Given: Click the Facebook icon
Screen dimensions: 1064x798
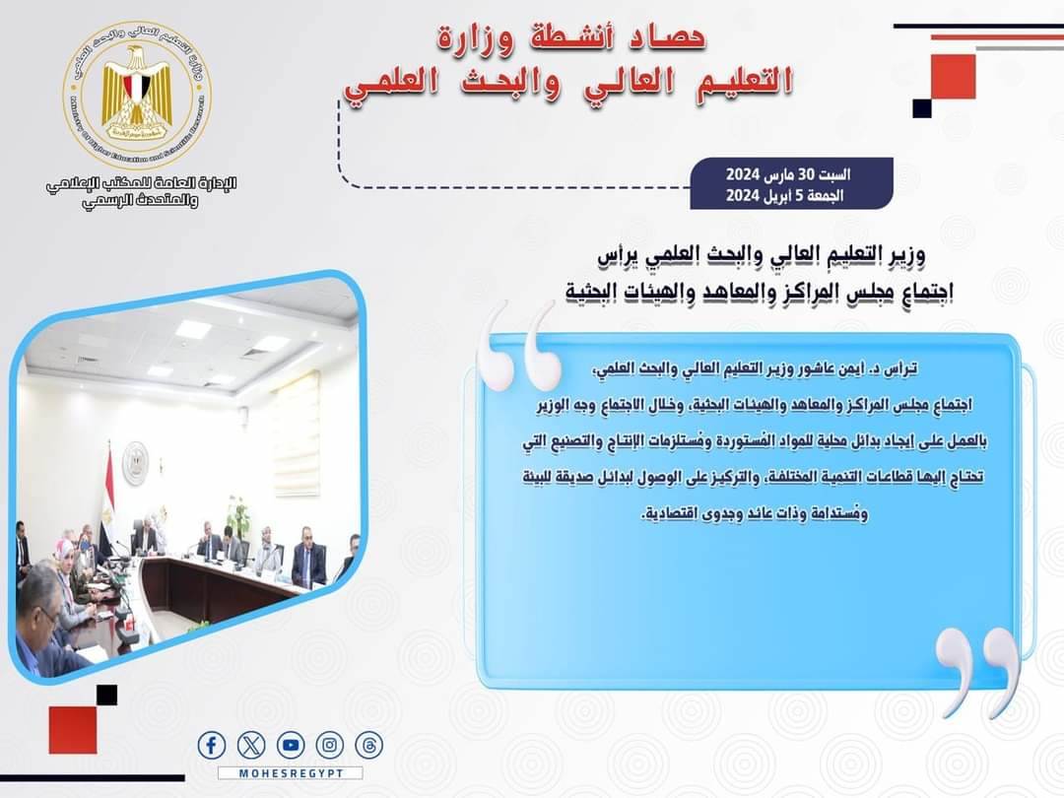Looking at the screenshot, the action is point(211,745).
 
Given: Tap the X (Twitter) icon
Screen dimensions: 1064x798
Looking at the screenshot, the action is point(251,745).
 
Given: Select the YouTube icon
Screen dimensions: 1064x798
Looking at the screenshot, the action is point(291,745).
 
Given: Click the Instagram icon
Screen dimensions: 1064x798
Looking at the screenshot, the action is point(330,745).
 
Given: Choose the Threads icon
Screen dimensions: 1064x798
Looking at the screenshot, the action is point(369,745).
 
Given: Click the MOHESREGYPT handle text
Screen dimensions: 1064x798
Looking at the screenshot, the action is point(291,773).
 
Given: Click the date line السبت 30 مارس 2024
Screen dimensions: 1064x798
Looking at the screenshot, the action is point(788,174).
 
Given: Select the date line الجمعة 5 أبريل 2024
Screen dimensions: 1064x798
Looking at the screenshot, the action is point(785,195).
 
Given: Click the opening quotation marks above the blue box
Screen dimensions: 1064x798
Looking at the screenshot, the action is point(520,346).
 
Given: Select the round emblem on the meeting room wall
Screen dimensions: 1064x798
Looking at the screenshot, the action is point(136,463).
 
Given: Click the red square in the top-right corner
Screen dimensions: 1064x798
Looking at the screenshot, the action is point(953,77).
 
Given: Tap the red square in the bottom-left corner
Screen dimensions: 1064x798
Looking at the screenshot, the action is point(73,729).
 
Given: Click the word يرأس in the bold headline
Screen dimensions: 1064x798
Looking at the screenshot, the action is point(618,256).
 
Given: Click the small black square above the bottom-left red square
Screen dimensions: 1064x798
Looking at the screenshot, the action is point(106,695).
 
